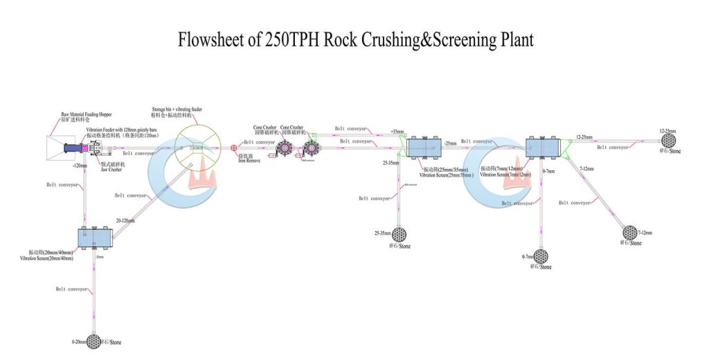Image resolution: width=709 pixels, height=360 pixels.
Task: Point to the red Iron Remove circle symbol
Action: (x=233, y=147)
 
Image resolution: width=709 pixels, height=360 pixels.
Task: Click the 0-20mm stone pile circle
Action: (x=94, y=341)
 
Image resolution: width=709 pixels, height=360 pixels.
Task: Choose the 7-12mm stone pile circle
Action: (x=630, y=232)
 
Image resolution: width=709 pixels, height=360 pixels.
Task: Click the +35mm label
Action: (x=397, y=131)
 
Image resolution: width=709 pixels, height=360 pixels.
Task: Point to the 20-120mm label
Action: (x=125, y=220)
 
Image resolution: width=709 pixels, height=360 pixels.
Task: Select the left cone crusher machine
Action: (x=283, y=148)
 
